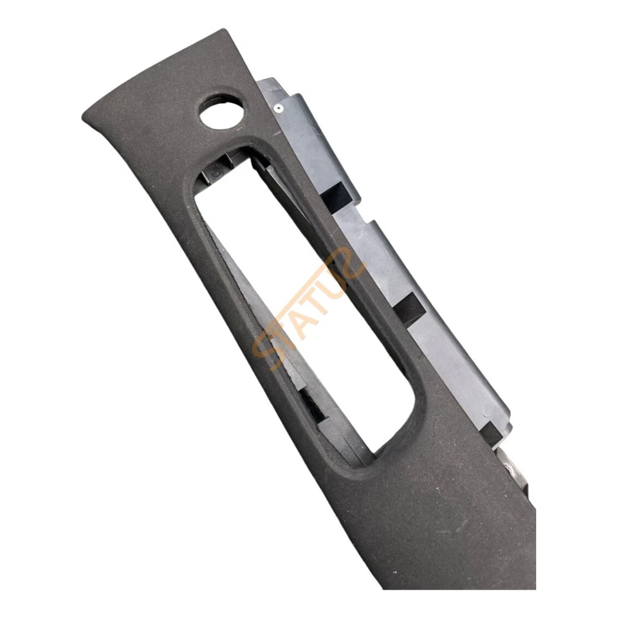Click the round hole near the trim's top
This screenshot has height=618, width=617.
[222, 111]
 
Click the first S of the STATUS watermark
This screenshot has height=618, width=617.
[266, 351]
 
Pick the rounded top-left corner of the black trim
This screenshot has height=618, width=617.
[90, 116]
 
